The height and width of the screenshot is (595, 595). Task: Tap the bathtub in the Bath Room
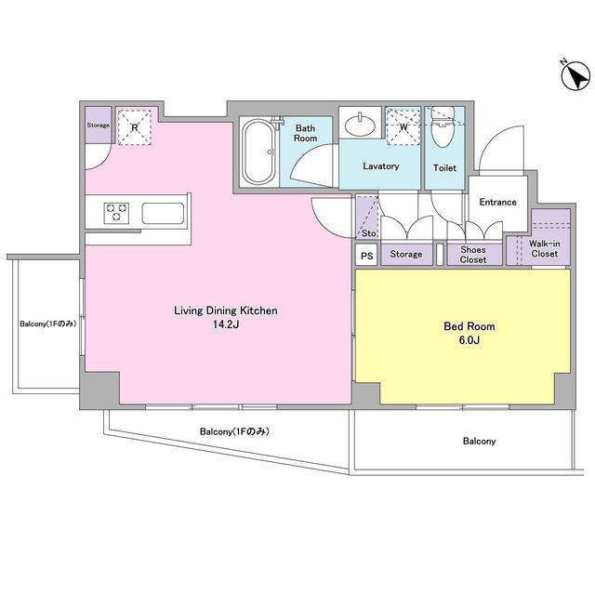pos(259,152)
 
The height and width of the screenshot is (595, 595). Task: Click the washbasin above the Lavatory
pos(360,123)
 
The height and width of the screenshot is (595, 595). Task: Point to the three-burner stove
pos(116,213)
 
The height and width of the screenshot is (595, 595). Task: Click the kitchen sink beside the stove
pos(163,213)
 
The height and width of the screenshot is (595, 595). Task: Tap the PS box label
pos(367,257)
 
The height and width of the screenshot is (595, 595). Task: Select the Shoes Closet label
pos(473,255)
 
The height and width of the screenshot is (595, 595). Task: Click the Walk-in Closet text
pos(545,248)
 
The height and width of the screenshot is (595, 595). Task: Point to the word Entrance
pos(498,203)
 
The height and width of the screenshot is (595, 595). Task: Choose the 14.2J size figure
pos(226,324)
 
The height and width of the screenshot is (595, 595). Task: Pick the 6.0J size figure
pos(469,340)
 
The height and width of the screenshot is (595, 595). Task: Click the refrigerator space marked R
pos(134,127)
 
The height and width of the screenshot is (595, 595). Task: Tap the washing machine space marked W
pos(403,126)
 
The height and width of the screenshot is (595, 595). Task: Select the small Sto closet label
pos(368,233)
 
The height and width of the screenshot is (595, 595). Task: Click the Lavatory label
pos(381,166)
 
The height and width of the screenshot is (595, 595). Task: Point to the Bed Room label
pos(469,326)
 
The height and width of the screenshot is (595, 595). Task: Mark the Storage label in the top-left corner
pos(99,125)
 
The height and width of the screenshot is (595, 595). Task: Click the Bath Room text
pos(305,133)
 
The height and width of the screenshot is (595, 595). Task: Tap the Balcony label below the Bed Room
pos(480,441)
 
